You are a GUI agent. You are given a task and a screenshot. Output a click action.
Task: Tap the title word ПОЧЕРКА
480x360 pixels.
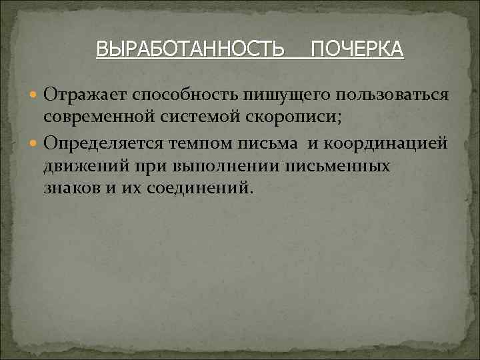(357, 49)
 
